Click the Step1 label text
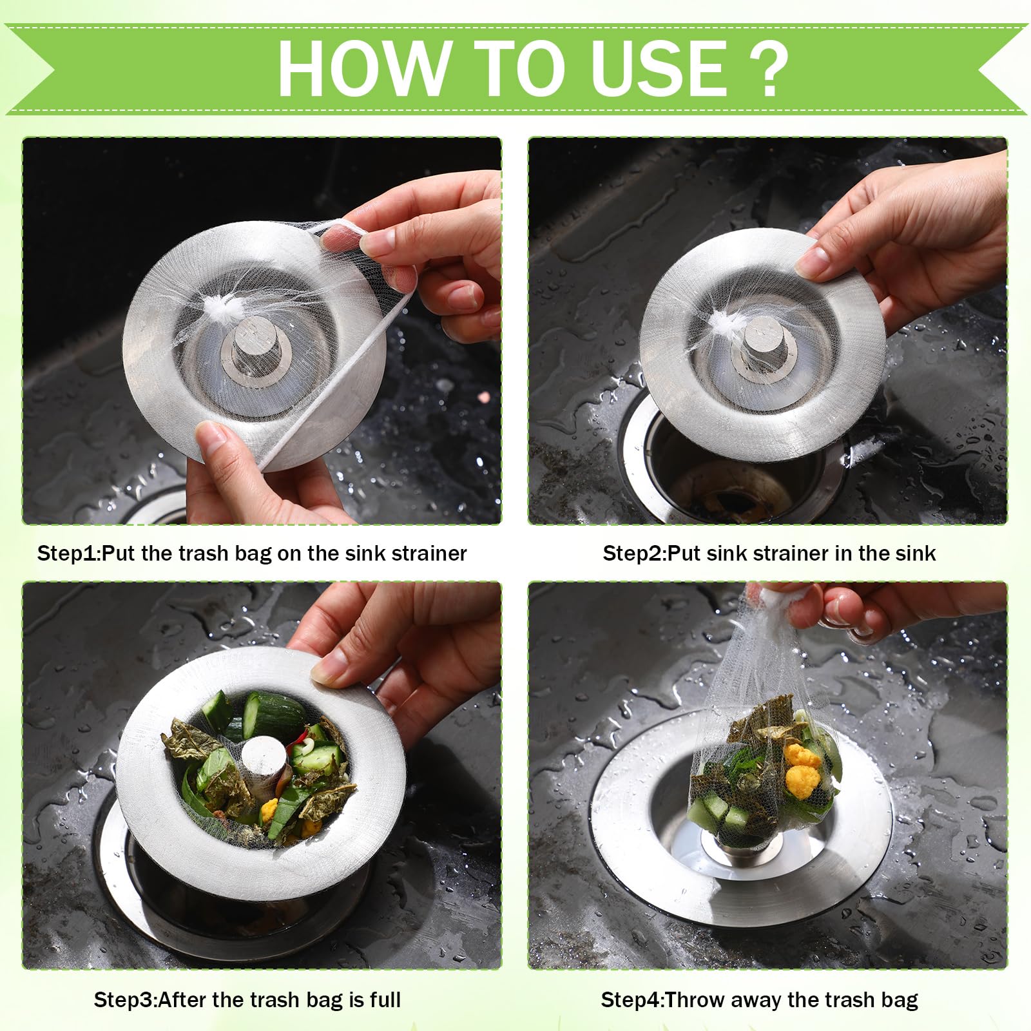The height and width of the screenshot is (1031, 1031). (x=252, y=553)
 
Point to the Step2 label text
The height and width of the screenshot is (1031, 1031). (x=769, y=553)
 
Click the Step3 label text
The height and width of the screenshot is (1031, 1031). (x=247, y=999)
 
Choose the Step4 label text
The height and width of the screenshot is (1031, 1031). (x=760, y=999)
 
